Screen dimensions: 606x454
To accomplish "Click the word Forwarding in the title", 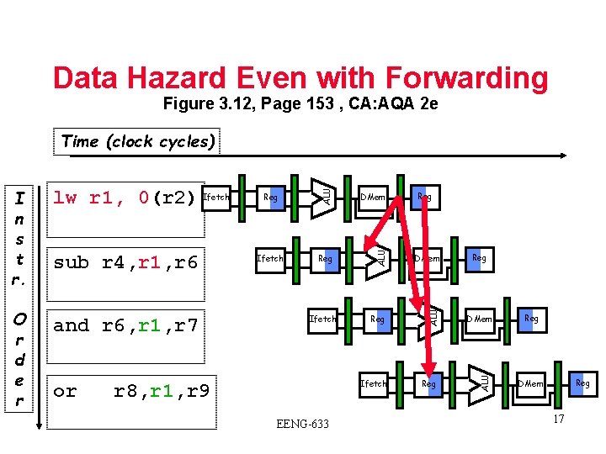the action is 461,77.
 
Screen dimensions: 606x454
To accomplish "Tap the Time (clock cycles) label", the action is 139,141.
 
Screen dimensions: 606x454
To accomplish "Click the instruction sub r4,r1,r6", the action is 125,262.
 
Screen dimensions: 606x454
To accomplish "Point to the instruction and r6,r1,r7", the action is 125,326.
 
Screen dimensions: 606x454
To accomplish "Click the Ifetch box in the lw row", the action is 216,198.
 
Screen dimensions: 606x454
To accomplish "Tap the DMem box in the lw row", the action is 372,198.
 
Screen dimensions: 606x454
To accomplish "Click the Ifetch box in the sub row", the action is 269,258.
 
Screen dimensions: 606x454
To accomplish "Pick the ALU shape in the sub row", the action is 375,253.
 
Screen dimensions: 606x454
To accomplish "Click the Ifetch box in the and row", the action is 322,319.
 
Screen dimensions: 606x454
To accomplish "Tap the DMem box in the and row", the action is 480,319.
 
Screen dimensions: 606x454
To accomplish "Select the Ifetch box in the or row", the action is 373,383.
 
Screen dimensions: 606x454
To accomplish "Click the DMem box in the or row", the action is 530,383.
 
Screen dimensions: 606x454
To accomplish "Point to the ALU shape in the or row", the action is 481,379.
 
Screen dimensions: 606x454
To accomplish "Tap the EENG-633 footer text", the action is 302,423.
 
